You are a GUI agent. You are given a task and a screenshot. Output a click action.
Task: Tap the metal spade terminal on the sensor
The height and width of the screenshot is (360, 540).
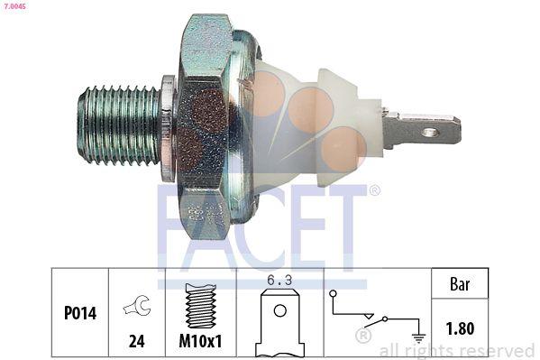(x=422, y=132)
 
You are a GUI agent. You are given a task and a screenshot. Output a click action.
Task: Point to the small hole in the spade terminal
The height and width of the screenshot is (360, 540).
(x=431, y=133)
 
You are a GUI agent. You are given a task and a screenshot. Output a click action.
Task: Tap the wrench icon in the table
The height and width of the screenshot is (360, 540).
(x=137, y=307)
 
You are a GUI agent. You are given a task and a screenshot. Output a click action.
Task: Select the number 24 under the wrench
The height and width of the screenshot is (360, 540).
(x=137, y=342)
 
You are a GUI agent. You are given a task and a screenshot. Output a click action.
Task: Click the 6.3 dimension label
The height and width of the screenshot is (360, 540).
(x=280, y=281)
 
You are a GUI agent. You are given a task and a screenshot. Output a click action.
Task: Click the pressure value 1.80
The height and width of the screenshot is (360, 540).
(x=461, y=329)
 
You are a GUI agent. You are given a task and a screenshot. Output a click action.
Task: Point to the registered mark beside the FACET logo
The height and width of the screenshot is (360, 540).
(x=374, y=190)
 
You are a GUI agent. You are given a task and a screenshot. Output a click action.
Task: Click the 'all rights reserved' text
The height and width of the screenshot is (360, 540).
(x=457, y=350)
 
